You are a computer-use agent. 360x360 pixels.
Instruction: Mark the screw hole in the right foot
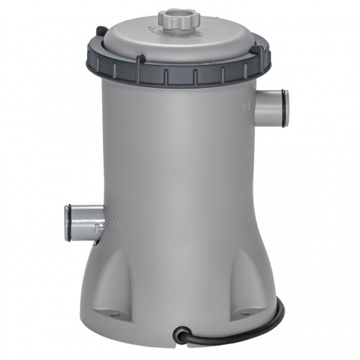coord(246,312)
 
